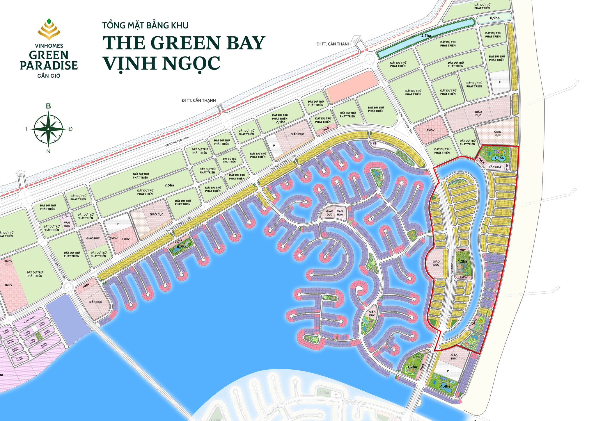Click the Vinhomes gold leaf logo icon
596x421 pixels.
tap(49, 29)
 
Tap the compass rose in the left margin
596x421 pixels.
tap(48, 129)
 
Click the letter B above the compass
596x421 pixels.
tap(48, 106)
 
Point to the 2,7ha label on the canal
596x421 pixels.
tap(426, 36)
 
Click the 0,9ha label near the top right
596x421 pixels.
tap(495, 18)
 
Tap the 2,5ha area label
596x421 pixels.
tap(169, 185)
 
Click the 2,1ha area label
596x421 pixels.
tap(281, 122)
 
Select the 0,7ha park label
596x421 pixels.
tap(182, 247)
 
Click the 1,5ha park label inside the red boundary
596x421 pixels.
tap(499, 158)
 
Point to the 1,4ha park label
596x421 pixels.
tap(445, 386)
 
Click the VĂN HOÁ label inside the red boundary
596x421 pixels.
tap(495, 167)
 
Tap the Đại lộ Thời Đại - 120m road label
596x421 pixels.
tap(177, 141)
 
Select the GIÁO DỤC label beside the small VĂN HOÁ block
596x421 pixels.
tap(329, 213)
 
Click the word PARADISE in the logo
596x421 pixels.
tap(49, 65)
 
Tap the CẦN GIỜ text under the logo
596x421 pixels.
tap(49, 76)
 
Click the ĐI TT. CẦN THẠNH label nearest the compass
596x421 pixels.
tap(199, 100)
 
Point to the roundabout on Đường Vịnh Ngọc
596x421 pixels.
tap(68, 288)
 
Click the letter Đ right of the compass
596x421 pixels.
tap(70, 129)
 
